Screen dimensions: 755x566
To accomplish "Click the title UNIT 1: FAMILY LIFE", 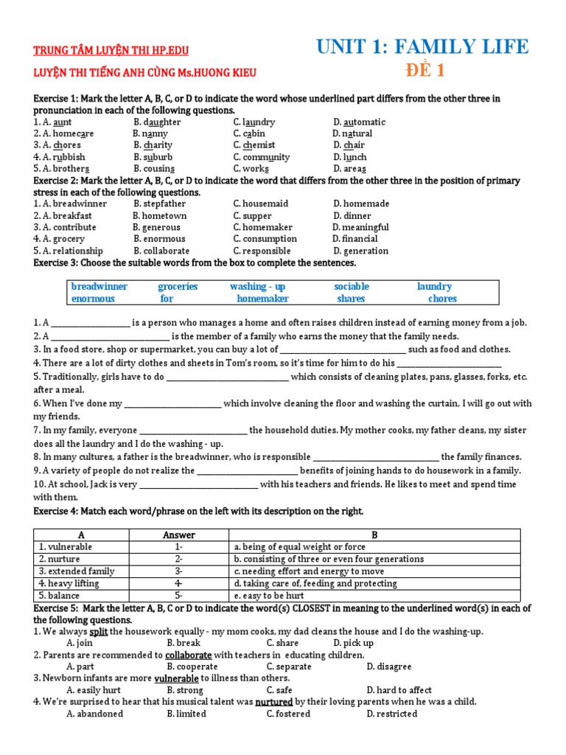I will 422,47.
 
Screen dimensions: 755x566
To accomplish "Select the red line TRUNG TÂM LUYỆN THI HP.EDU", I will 111,50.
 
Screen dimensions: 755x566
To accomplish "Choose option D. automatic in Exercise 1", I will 359,122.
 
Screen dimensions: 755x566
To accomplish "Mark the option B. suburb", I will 153,157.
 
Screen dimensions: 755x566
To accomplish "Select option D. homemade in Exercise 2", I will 361,203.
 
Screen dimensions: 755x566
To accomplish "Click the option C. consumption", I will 265,239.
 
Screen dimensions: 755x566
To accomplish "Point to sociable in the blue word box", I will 352,287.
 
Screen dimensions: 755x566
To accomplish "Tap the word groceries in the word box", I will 178,287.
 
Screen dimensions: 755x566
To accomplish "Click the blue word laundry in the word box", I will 434,287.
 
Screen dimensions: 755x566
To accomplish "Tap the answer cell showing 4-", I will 179,583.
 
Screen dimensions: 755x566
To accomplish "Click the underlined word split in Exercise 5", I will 99,632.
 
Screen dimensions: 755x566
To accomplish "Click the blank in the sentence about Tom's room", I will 450,363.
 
